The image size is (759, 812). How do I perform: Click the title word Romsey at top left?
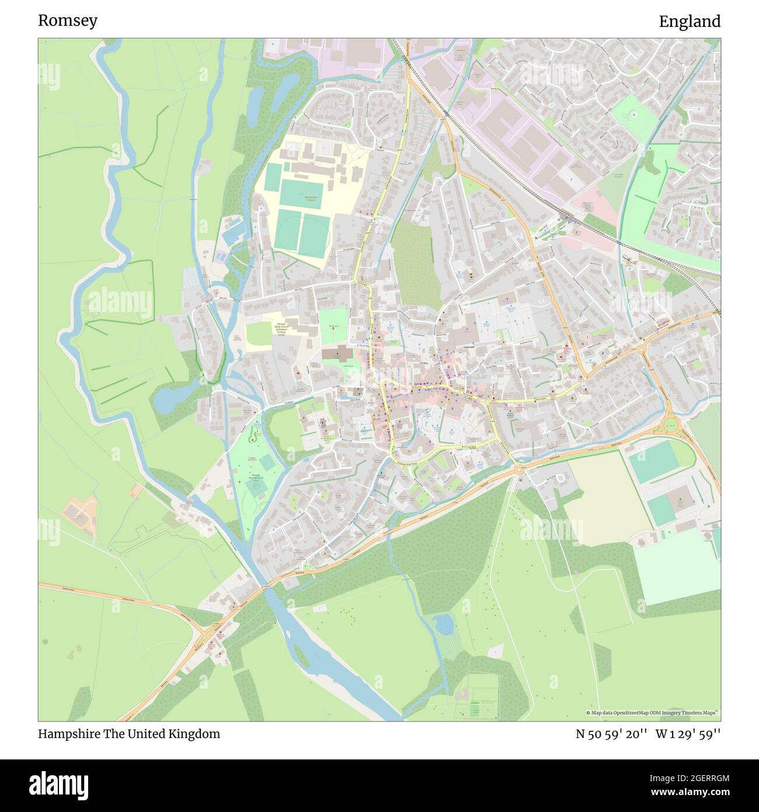point(68,21)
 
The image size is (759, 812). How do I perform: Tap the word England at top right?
point(690,22)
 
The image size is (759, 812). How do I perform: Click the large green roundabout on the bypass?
point(673,425)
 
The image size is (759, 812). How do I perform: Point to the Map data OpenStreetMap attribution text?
point(652,713)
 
